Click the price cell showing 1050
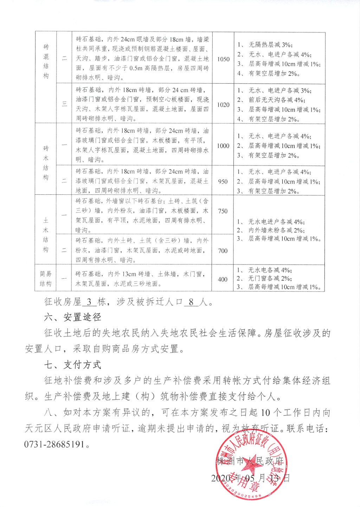[223, 59]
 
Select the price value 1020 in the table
[223, 105]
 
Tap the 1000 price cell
[223, 146]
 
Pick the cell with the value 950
[223, 182]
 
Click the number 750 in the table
[223, 211]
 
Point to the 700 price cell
[223, 251]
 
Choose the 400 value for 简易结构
[223, 279]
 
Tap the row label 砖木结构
[46, 163]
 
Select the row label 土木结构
[46, 235]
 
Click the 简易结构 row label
[46, 279]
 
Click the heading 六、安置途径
[73, 317]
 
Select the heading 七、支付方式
[73, 365]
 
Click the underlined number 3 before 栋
[89, 302]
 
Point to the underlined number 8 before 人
[191, 302]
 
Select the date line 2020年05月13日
[250, 478]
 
